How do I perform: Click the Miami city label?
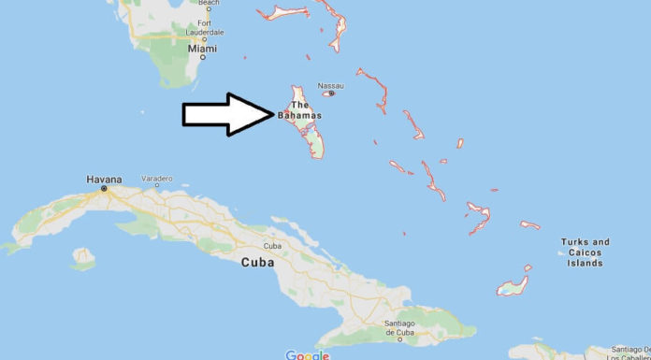coord(201,47)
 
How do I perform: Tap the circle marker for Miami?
coord(201,57)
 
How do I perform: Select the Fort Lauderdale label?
coord(204,28)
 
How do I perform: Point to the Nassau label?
coord(331,85)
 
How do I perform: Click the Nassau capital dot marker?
coord(331,94)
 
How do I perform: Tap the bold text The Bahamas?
coord(299,110)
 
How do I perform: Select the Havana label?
coord(104,178)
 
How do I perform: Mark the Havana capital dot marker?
coord(104,188)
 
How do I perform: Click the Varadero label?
coord(156,178)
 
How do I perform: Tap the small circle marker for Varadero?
coord(156,186)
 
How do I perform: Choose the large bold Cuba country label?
coord(257,263)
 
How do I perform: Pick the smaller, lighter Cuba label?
coord(273,246)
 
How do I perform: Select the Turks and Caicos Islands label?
coord(585,252)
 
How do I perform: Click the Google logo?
coord(307,354)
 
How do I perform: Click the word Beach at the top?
coord(208,3)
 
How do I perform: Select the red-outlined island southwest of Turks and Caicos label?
coord(513,284)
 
